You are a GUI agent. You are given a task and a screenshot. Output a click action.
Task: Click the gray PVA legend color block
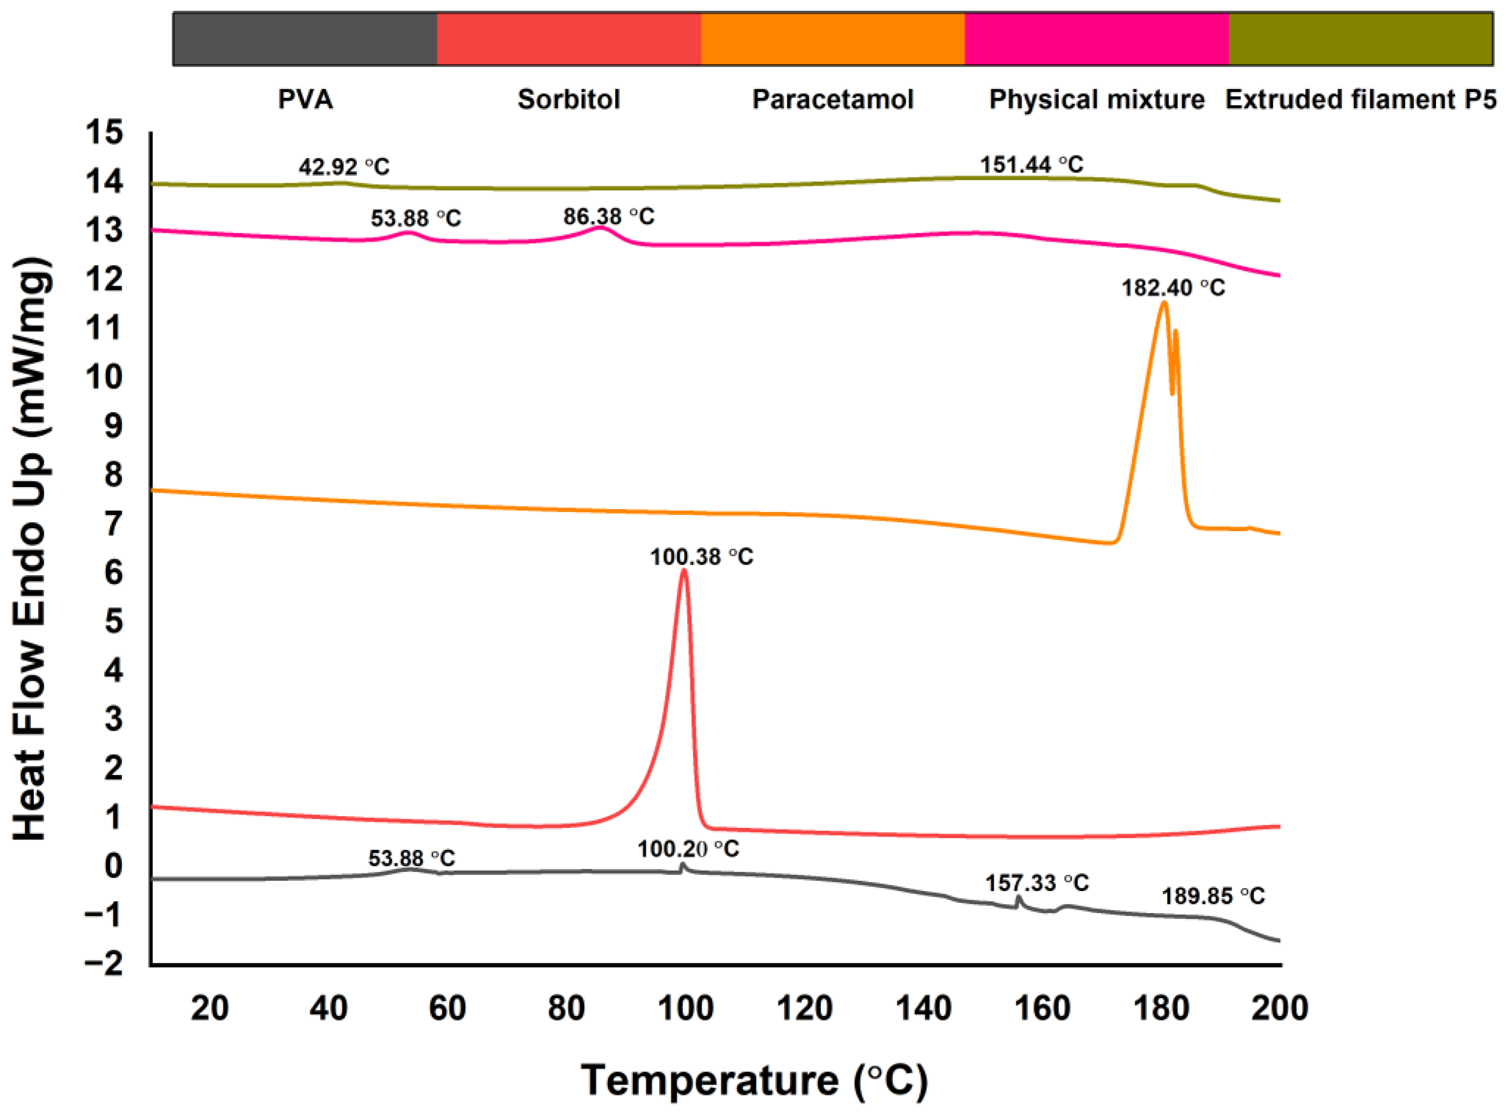tap(304, 39)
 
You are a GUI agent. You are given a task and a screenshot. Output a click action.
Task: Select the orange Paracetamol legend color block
tap(833, 39)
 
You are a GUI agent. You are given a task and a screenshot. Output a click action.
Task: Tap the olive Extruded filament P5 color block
tap(1360, 39)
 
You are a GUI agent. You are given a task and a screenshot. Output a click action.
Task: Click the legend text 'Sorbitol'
tap(569, 99)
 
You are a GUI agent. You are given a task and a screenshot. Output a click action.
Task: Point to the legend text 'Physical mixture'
tap(1097, 99)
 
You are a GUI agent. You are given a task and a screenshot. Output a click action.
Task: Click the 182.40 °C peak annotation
tap(1173, 288)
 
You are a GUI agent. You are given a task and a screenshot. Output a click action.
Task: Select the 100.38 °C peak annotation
tap(701, 557)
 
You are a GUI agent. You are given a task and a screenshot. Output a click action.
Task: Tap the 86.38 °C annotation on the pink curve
tap(609, 216)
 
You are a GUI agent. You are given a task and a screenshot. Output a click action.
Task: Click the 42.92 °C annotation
tap(344, 166)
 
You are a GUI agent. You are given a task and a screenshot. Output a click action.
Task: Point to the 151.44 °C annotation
tap(1031, 164)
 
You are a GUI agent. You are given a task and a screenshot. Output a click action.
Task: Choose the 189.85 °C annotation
tap(1213, 896)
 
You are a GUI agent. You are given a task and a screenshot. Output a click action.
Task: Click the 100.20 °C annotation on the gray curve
tap(688, 849)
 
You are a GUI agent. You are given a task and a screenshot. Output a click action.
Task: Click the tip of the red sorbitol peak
tap(684, 571)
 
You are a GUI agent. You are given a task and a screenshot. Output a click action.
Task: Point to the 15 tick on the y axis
tap(104, 133)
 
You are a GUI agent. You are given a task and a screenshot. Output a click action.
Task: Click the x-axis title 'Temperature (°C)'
tap(754, 1080)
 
